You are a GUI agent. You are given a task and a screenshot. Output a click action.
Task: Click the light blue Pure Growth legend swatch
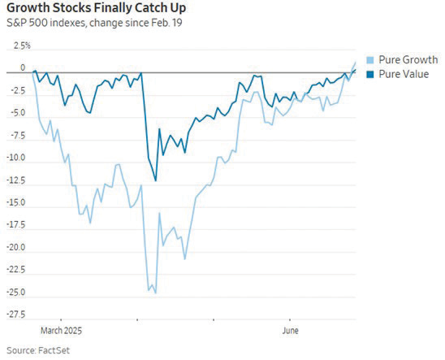pos(371,60)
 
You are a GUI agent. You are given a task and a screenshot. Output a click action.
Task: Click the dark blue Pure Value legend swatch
pos(371,73)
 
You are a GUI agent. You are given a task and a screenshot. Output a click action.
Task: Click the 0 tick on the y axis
pos(23,68)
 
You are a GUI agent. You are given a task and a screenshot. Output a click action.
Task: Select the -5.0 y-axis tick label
pos(18,113)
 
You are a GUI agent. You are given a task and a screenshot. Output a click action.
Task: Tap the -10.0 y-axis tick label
pos(16,158)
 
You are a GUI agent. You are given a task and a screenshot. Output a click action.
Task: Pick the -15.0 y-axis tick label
pos(16,202)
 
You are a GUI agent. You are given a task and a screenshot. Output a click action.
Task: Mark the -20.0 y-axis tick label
pos(16,247)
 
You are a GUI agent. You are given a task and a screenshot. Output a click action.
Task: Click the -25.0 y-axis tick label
pos(16,292)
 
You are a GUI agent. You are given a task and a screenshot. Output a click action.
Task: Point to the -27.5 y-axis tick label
pos(16,314)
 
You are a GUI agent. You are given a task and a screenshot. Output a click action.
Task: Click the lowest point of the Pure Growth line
pos(155,293)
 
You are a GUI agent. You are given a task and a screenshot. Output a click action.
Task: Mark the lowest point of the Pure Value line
pos(156,180)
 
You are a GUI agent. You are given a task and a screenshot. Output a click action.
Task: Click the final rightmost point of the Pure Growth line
pos(356,62)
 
